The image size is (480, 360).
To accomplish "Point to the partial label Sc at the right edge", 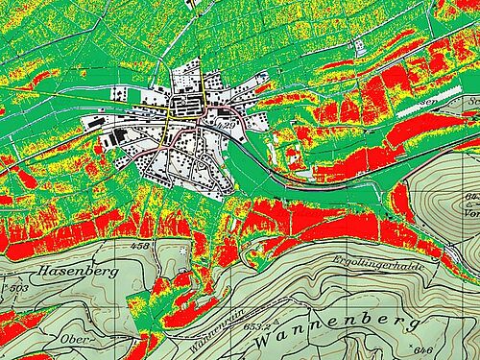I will [x=469, y=98].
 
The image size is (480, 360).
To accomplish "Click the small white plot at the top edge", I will [x=196, y=4].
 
